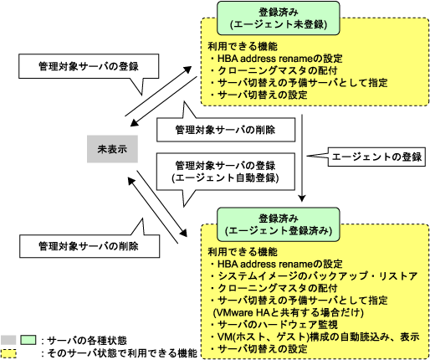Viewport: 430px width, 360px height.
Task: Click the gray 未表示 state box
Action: (112, 149)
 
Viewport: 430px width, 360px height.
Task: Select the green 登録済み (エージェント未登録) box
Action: (279, 18)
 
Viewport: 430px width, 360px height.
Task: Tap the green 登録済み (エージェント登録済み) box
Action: (279, 224)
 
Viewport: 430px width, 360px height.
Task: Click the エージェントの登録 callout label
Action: (376, 157)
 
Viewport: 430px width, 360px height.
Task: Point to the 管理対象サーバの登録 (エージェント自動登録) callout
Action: (226, 172)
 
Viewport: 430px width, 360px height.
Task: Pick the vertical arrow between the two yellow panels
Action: (302, 157)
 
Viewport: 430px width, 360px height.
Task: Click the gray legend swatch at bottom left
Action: (8, 340)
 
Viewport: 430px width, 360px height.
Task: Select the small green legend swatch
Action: (28, 340)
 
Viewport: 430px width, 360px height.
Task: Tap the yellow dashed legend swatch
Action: (8, 353)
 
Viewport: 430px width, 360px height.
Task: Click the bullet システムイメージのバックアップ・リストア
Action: (315, 276)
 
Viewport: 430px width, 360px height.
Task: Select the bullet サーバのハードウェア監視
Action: (274, 325)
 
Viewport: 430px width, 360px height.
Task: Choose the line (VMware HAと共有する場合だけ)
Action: (289, 312)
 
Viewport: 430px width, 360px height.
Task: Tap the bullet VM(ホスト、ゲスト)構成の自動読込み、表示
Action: (315, 337)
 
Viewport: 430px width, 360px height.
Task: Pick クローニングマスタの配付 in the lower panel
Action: (274, 288)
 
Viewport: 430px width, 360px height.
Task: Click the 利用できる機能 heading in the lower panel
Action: (243, 252)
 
